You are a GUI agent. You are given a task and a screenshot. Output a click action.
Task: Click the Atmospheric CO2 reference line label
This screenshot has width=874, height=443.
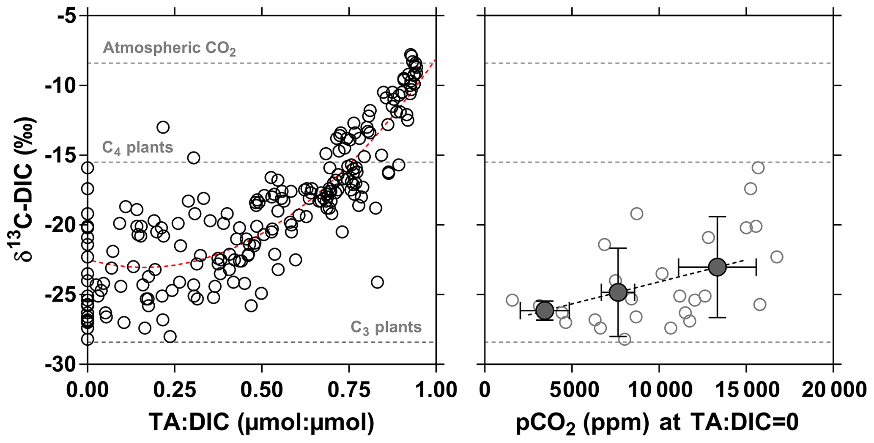point(169,49)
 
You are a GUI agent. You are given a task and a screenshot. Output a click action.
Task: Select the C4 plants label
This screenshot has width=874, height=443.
point(137,148)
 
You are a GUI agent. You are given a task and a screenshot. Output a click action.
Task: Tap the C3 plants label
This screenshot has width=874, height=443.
point(386,327)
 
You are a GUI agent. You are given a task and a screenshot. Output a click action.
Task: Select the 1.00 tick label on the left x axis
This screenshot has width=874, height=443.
point(436,389)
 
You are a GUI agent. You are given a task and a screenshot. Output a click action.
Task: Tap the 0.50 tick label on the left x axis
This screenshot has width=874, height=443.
point(262,389)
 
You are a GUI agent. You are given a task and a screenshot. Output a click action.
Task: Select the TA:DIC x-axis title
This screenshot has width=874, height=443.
point(261,423)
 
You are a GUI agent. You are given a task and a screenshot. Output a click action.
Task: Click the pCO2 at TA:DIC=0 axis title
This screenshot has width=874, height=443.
point(657,423)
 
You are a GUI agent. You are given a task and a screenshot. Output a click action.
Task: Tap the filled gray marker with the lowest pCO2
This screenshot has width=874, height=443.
point(545,311)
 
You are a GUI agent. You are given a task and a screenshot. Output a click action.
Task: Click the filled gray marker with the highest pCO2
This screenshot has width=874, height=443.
point(718,267)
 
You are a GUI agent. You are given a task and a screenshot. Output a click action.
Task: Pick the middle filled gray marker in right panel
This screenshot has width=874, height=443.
point(618,292)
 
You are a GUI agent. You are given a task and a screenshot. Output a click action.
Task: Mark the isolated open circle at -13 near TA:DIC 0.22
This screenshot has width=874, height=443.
point(163,127)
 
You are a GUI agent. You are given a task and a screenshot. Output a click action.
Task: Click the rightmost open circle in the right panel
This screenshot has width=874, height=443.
point(777,257)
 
